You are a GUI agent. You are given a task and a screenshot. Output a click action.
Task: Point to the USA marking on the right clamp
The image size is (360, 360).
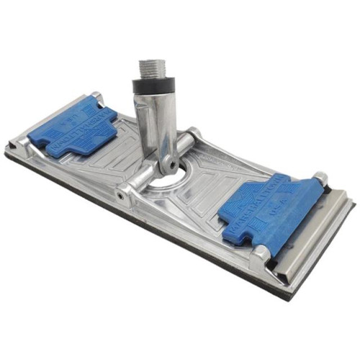coord(293,211)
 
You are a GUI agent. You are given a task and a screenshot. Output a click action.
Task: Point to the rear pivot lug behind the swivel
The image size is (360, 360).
coord(193,135)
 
